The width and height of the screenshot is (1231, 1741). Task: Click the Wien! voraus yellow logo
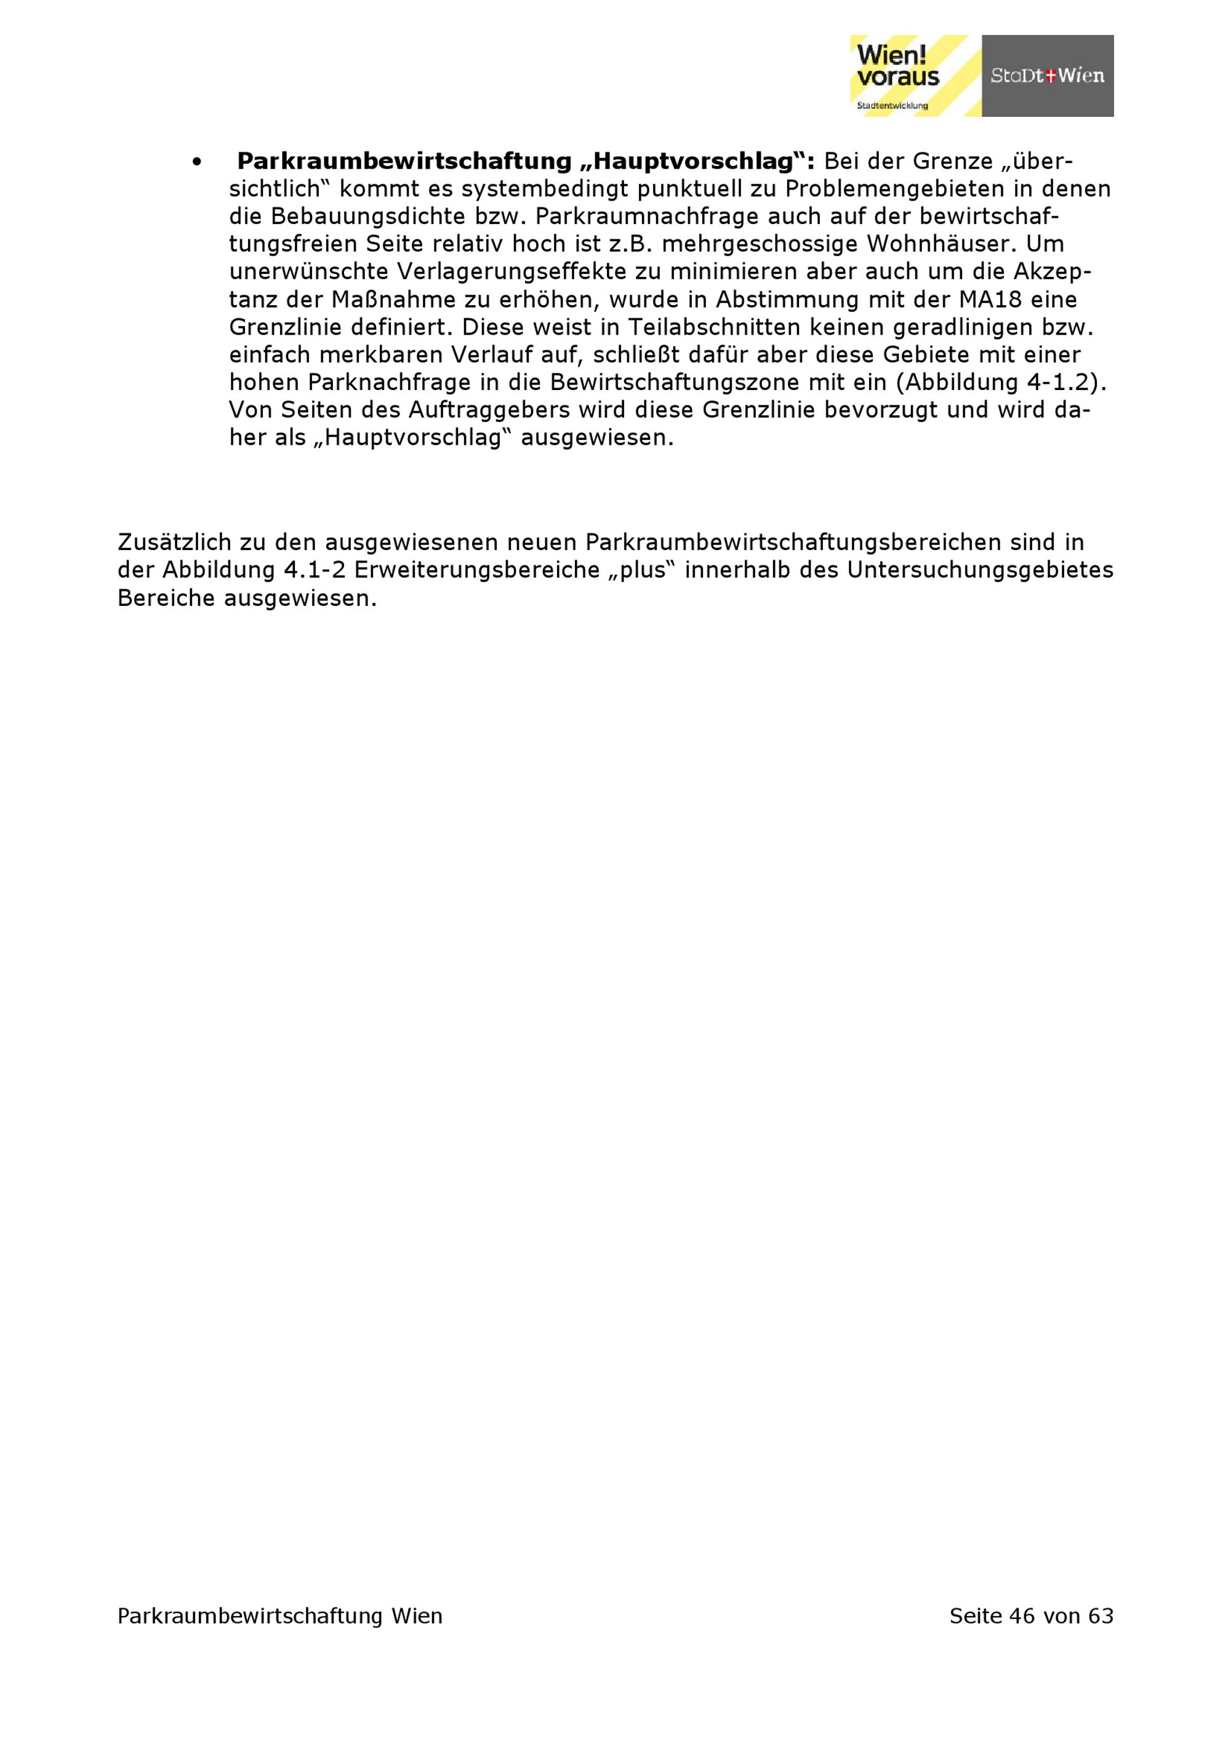pos(915,75)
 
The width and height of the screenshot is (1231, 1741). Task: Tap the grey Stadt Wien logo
pos(1048,76)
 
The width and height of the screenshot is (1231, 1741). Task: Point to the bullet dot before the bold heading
pos(197,162)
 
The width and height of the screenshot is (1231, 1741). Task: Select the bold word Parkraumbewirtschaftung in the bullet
pos(404,162)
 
